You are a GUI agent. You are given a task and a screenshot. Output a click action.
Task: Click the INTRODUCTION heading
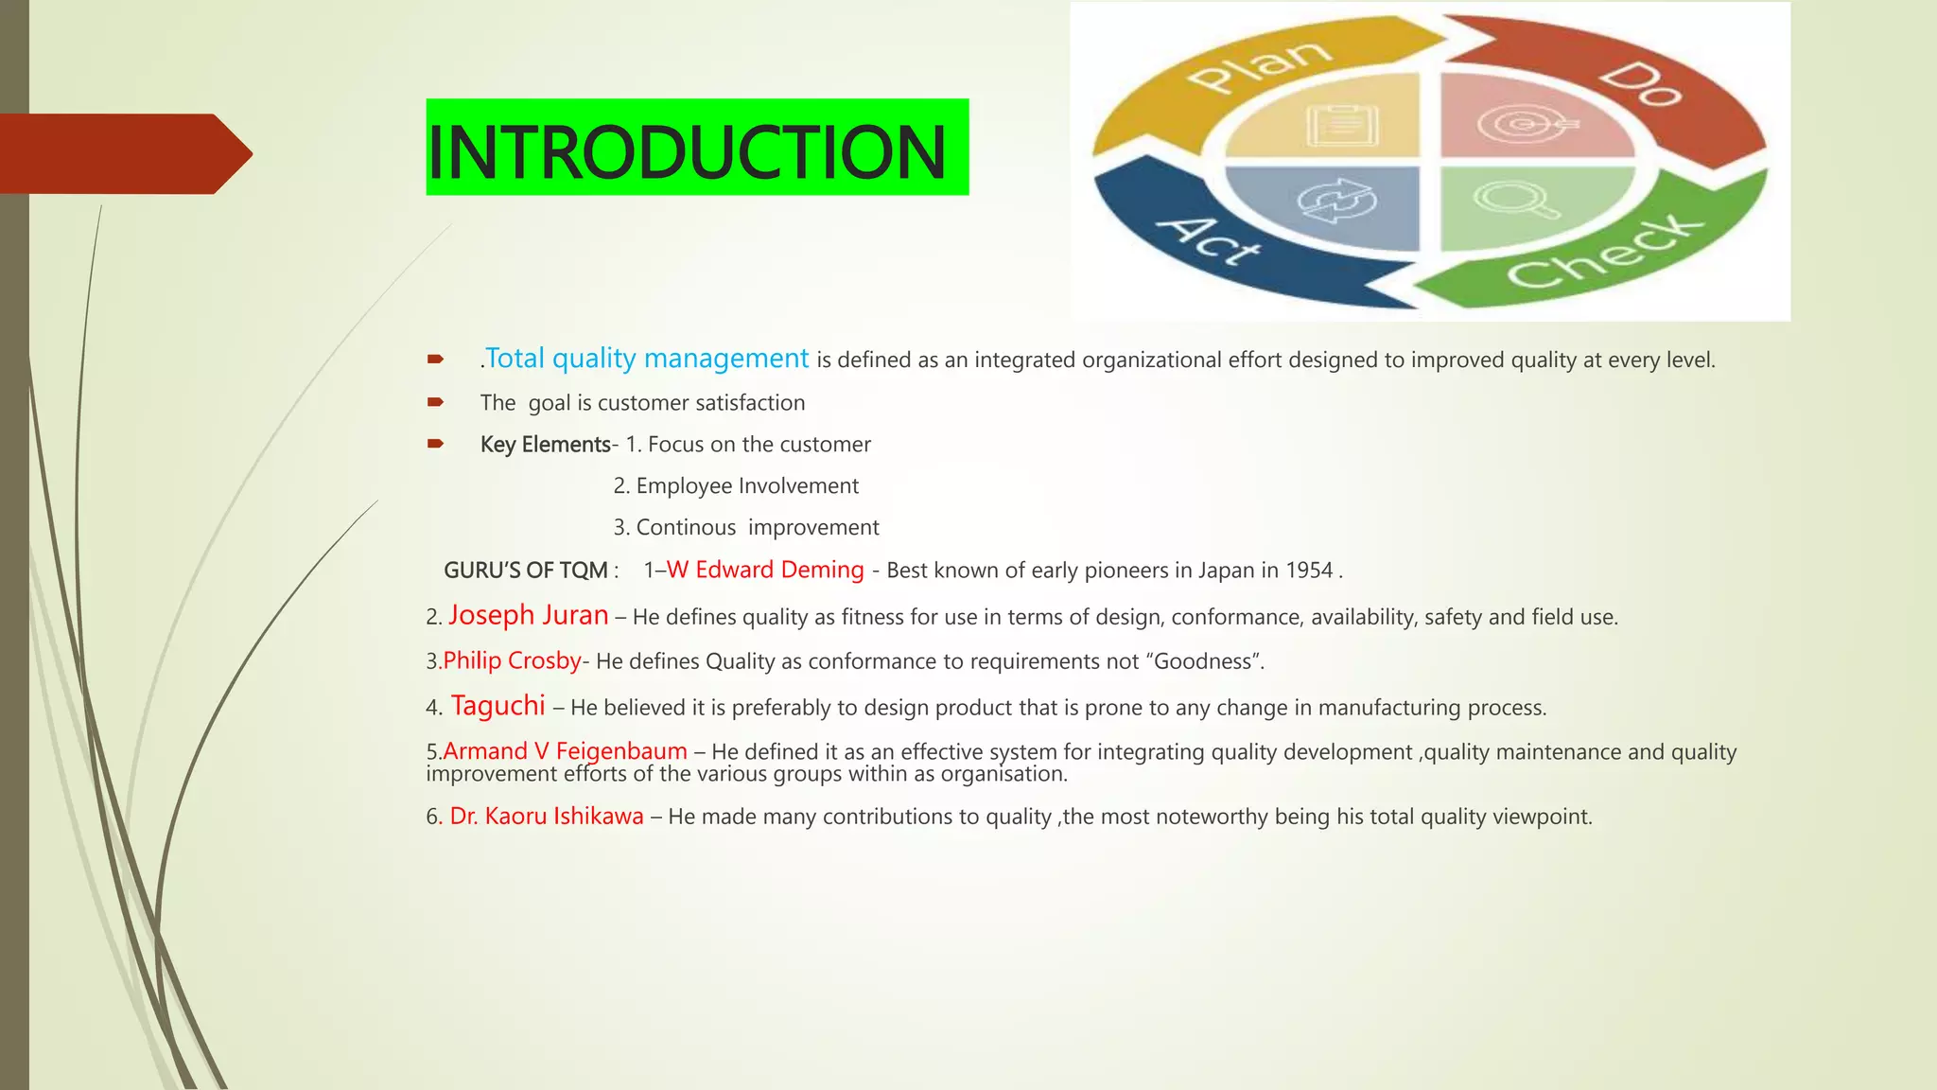click(x=687, y=151)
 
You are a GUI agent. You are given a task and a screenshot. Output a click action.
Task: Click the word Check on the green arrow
click(x=1605, y=251)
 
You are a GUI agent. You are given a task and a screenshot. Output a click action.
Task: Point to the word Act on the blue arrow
click(x=1209, y=240)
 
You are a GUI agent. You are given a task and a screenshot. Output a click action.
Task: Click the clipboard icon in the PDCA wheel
click(x=1341, y=124)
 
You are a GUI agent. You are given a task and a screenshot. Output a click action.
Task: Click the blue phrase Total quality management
click(x=647, y=359)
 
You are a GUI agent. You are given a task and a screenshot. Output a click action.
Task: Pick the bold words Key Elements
click(x=546, y=445)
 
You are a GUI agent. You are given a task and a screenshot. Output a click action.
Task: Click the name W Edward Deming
click(x=765, y=570)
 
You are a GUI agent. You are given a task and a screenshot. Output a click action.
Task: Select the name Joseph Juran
click(x=529, y=615)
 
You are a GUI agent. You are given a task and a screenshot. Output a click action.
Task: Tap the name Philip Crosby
click(x=513, y=660)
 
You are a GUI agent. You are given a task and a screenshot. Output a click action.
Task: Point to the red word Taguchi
click(x=498, y=706)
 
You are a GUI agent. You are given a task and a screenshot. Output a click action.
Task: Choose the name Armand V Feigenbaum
click(x=565, y=751)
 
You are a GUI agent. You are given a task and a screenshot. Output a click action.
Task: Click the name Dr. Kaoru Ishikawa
click(x=547, y=817)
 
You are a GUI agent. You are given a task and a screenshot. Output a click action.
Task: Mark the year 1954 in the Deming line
click(x=1309, y=571)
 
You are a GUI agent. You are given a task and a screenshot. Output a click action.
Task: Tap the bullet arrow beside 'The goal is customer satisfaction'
click(x=435, y=402)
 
